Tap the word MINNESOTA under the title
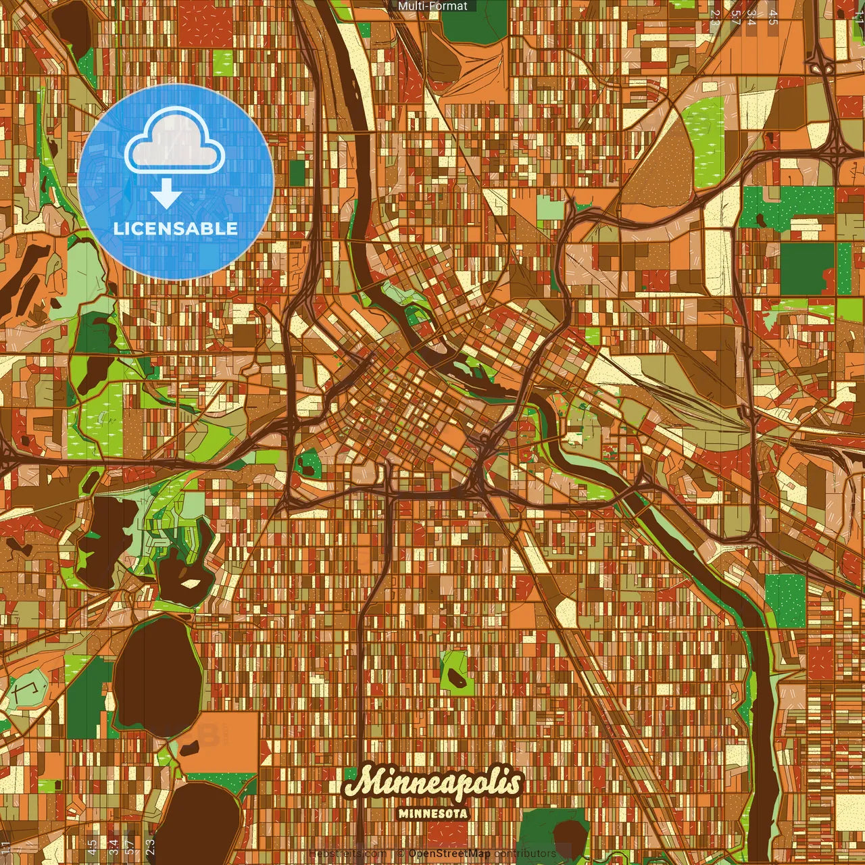432,814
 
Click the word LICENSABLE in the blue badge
176,228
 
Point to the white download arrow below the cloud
166,194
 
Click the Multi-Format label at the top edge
432,6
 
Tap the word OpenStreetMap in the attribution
449,854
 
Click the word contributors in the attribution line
525,854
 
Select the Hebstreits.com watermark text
347,854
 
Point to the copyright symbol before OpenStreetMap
401,854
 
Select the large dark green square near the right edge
807,268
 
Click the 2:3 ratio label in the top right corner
715,18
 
